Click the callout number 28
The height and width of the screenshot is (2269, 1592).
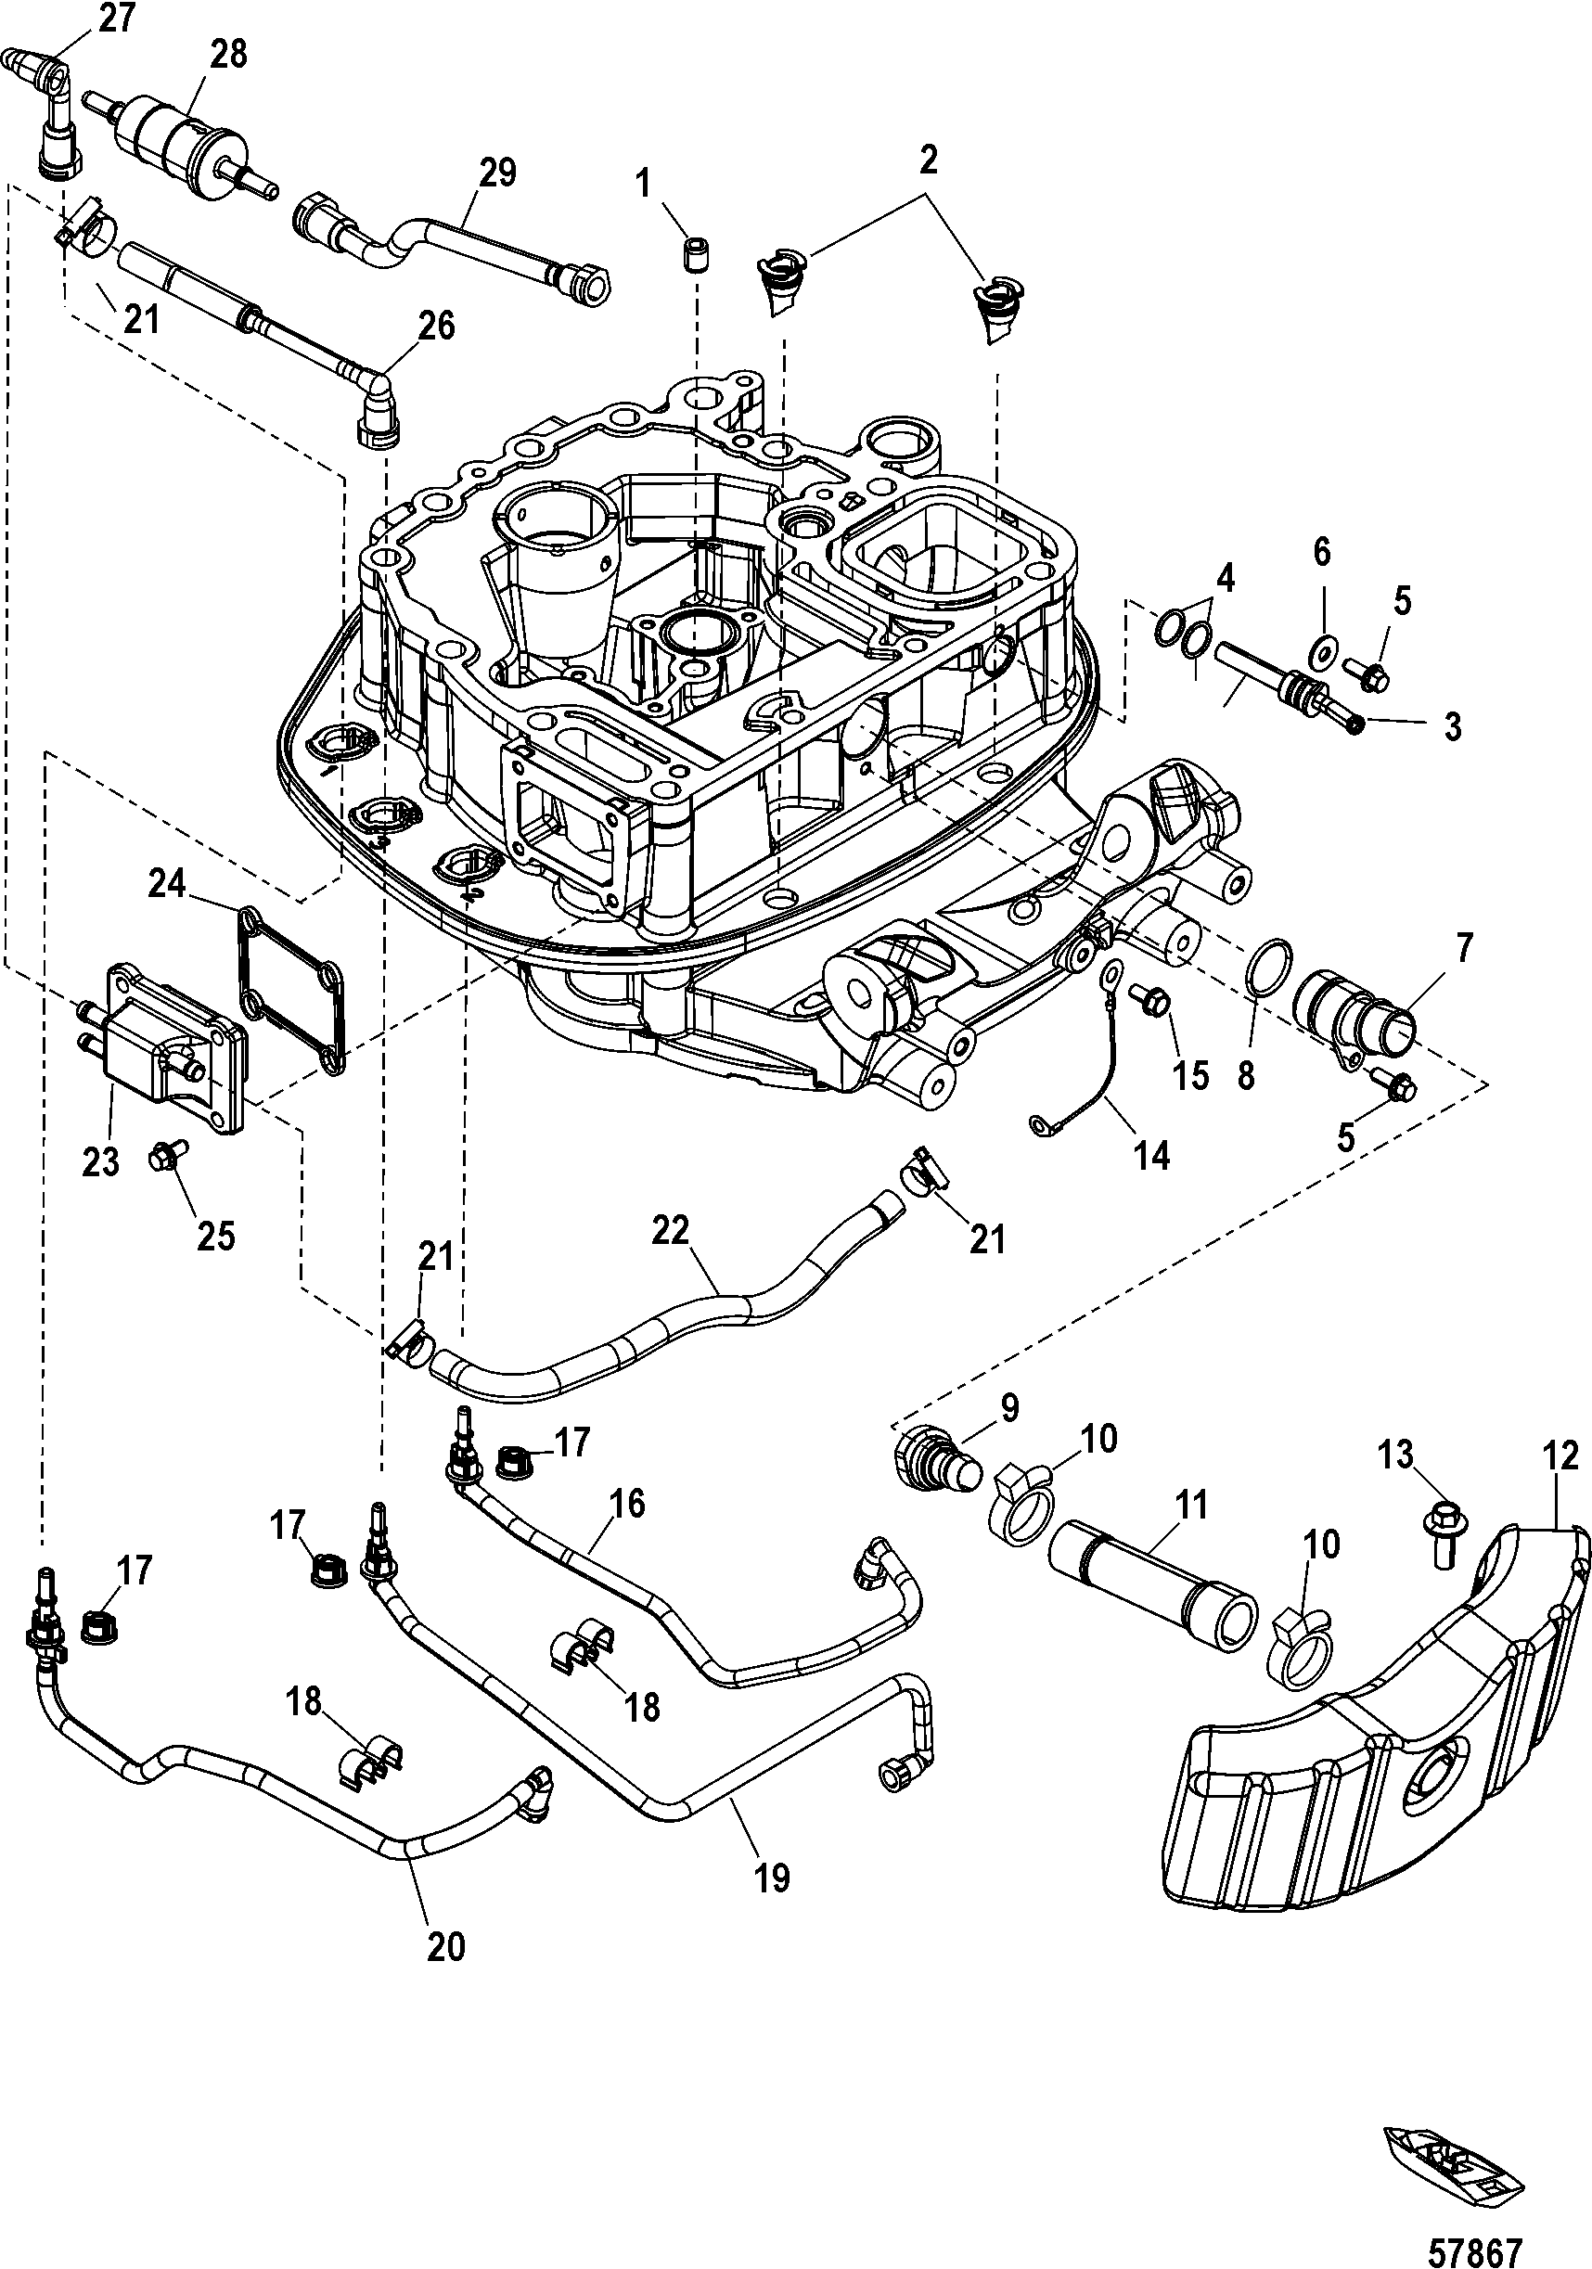click(x=228, y=55)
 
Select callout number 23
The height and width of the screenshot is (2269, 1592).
click(x=100, y=1160)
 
